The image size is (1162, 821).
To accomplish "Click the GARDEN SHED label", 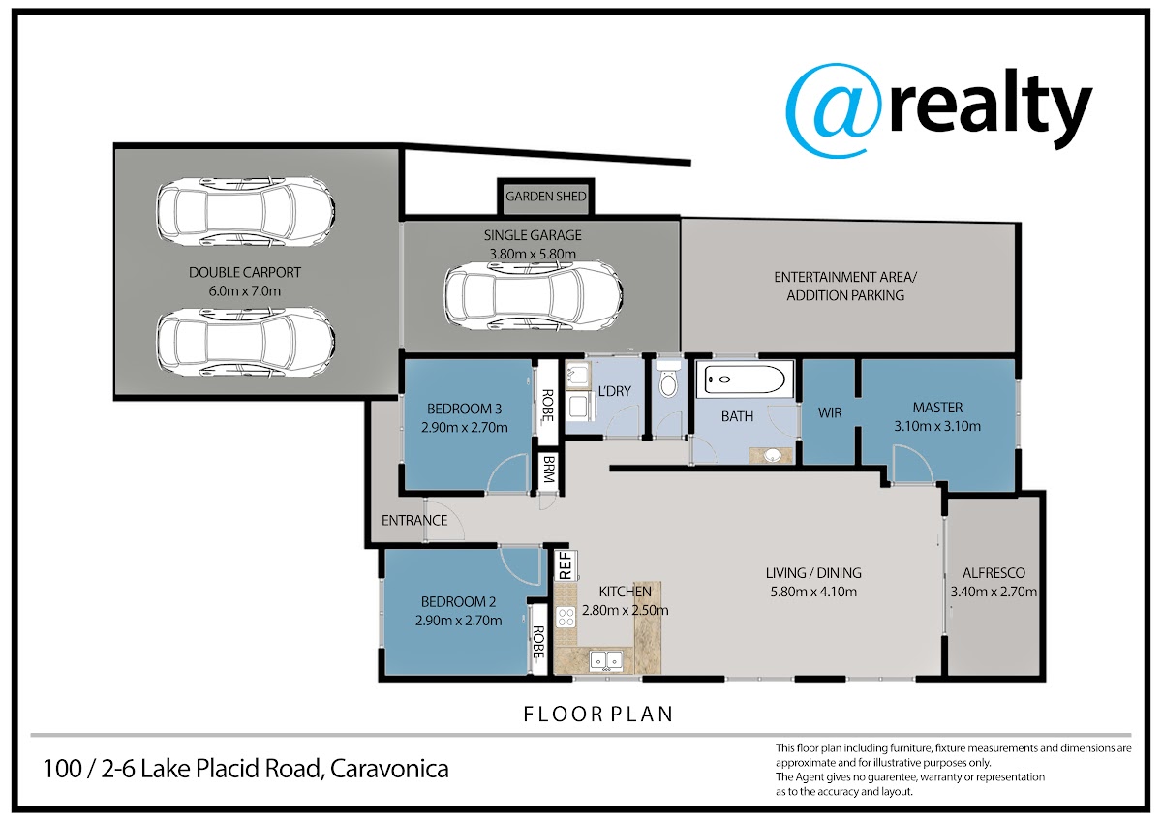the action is coord(546,197).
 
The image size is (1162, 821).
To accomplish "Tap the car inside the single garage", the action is coord(534,295).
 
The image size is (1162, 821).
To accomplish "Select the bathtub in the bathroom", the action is coord(745,380).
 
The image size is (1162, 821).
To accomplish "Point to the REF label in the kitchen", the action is coord(566,565).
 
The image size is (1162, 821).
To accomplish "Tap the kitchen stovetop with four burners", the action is coord(566,618).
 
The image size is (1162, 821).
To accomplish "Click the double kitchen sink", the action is coord(606,660).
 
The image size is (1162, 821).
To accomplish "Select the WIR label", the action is coord(830,412).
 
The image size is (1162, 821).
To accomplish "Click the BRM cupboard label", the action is coord(549,469).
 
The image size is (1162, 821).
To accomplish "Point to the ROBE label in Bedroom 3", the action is coord(548,405).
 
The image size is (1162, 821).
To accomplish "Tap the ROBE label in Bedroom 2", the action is coord(538,642).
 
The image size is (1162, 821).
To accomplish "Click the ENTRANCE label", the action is coord(414,520).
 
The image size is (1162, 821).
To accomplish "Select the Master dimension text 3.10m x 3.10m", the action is coord(937,426).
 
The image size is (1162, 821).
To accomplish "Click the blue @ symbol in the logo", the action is coord(833,110).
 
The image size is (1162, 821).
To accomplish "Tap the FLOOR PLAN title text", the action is coord(598,715).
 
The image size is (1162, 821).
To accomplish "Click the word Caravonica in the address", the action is coord(389,769).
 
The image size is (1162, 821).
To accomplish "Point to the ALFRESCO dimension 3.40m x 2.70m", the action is coord(994,592).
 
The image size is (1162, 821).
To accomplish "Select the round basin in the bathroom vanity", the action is coord(773,455).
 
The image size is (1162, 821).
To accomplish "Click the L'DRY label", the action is coord(615,391).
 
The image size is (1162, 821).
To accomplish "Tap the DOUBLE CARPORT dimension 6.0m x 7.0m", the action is coord(245,291).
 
